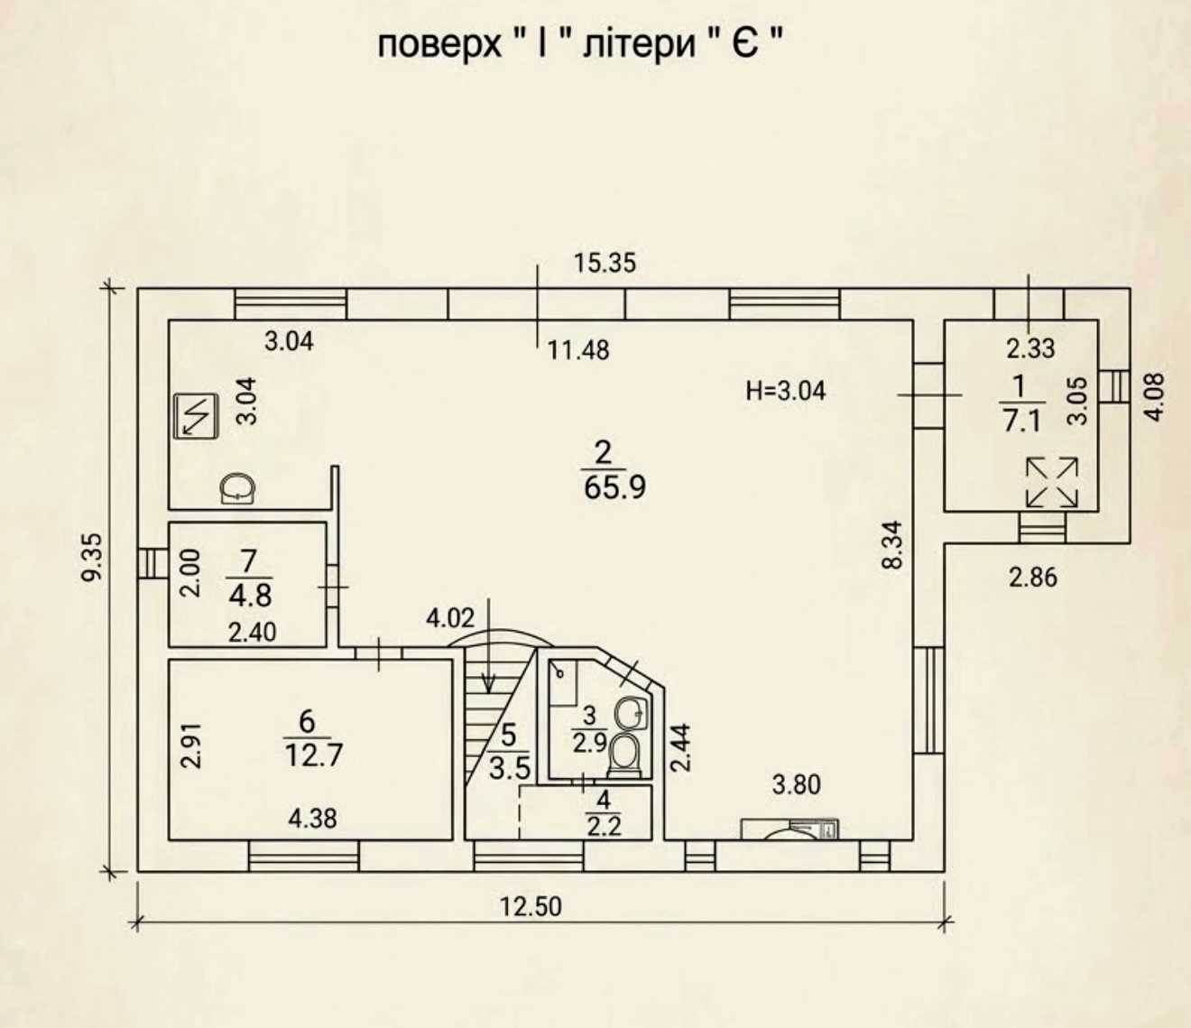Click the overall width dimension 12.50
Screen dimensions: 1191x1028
531,906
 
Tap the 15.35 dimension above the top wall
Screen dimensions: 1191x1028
605,263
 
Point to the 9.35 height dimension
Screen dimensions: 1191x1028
92,558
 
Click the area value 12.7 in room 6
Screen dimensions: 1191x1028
314,755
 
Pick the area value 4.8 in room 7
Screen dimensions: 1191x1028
250,596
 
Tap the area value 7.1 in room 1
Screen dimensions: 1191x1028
1022,421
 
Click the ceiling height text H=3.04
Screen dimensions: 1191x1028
786,392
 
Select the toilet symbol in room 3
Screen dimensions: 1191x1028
624,755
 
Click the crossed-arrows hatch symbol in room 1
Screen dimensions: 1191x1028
1052,482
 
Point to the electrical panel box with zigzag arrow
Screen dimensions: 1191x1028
196,416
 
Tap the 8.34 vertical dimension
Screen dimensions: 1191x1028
891,545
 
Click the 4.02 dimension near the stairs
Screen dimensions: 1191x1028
450,618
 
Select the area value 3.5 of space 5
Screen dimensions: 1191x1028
510,769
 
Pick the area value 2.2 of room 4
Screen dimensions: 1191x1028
605,828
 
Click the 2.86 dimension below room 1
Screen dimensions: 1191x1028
1033,578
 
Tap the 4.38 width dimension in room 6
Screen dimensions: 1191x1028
312,819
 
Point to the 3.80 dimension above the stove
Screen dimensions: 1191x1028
797,785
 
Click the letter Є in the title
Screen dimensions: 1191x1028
745,44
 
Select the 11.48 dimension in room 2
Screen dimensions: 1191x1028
578,350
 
